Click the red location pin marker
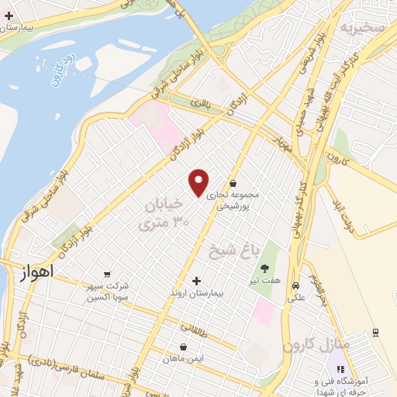(x=199, y=182)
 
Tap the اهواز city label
(x=36, y=272)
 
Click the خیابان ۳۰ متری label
(x=164, y=213)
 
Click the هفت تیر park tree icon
(x=266, y=268)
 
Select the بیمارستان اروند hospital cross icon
(x=195, y=280)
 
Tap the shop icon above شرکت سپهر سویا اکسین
(x=106, y=273)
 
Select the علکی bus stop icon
(x=295, y=285)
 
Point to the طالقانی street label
(x=195, y=328)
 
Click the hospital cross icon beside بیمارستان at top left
(x=9, y=15)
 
